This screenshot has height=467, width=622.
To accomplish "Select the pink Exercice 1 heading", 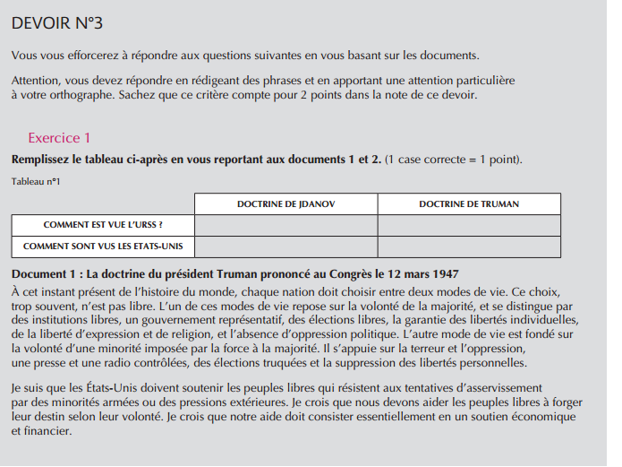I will click(x=59, y=138).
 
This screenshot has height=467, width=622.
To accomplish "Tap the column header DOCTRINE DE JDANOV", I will click(x=285, y=204).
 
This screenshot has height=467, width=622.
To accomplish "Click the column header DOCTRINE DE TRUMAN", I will click(x=468, y=204).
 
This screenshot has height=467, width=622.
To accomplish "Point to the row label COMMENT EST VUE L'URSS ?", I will click(x=103, y=225).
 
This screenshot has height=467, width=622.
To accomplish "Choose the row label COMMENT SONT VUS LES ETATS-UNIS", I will click(x=103, y=246).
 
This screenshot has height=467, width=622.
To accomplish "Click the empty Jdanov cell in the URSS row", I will click(x=285, y=225).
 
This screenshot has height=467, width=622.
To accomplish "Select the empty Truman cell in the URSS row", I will click(x=468, y=225).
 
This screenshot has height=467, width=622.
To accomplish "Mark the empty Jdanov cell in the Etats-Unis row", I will click(x=285, y=246).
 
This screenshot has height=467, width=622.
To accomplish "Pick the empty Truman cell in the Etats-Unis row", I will click(x=468, y=246).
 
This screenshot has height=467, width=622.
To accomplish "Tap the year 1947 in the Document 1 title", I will click(x=444, y=273).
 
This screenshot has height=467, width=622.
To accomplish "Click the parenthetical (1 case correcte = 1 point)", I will click(x=453, y=160).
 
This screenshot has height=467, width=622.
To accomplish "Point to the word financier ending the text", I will click(x=46, y=431).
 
